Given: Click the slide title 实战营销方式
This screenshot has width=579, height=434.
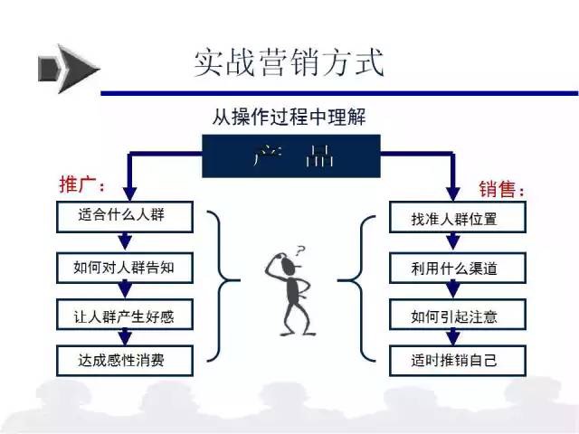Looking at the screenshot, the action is click(x=289, y=62).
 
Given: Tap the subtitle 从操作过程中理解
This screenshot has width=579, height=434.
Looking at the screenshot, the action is click(x=289, y=117).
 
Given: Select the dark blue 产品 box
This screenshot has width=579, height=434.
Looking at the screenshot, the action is click(x=291, y=156).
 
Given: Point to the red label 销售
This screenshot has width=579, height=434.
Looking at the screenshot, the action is click(x=501, y=189).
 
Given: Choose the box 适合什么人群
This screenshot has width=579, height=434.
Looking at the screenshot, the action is click(x=125, y=217).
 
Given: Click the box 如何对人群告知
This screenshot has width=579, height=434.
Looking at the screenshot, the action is click(x=125, y=268).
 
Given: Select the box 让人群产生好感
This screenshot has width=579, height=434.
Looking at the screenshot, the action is click(x=125, y=315).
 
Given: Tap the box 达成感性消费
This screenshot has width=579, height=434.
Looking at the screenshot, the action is click(x=125, y=361).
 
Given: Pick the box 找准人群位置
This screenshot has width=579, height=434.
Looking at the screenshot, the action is click(x=458, y=217).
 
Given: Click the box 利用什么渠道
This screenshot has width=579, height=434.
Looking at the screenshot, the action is click(x=458, y=268).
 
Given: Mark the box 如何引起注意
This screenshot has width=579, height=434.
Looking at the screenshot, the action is click(x=458, y=315).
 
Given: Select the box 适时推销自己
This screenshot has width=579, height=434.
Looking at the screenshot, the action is click(x=458, y=361).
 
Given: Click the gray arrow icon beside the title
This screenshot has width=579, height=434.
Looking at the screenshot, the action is click(x=69, y=69).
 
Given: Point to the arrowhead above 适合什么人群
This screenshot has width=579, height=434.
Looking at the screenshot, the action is click(x=129, y=193).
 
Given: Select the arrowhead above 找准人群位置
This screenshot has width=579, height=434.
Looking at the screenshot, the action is click(x=453, y=193).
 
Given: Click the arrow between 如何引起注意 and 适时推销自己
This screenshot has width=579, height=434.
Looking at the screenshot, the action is click(x=453, y=337).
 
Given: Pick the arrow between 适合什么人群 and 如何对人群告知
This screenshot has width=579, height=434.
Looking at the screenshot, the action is click(x=125, y=242).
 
